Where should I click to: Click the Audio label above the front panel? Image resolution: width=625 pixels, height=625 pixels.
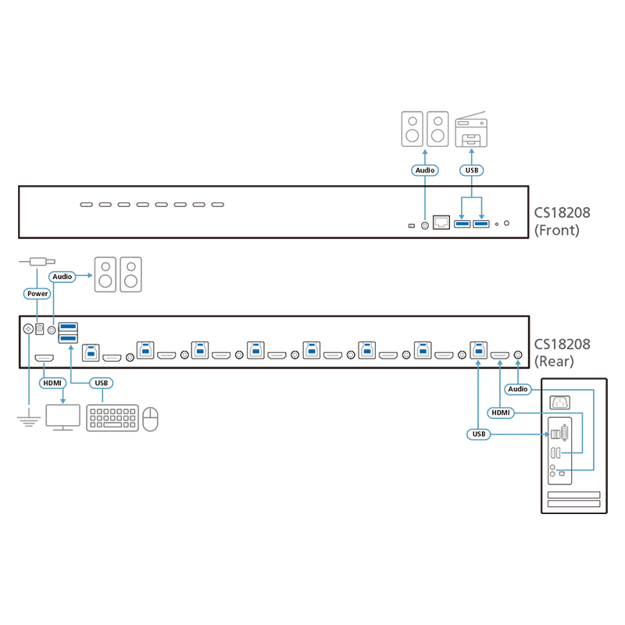[x=424, y=170]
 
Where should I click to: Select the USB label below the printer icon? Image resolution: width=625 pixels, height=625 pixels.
[x=472, y=170]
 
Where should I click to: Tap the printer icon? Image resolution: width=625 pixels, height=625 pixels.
[x=472, y=130]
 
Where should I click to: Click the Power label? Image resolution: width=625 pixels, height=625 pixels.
[x=37, y=294]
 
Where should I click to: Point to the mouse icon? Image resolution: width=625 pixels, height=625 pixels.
[x=151, y=419]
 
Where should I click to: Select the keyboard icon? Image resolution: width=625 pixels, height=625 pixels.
[x=112, y=419]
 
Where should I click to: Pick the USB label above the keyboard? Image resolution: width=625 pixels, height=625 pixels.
[x=100, y=383]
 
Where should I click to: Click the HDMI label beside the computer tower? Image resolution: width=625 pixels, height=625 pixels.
[x=500, y=412]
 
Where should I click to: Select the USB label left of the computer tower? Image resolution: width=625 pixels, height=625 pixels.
[x=478, y=434]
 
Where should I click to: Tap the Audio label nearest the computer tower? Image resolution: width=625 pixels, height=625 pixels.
[x=518, y=388]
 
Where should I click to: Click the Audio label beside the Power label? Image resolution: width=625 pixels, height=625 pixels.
[x=62, y=276]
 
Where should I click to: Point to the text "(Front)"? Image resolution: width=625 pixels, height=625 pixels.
[x=557, y=230]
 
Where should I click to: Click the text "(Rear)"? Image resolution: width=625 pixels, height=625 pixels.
[x=554, y=362]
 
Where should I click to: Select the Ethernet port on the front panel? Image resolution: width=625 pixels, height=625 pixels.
[x=440, y=224]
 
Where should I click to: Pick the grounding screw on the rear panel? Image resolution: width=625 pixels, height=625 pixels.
[x=29, y=330]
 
